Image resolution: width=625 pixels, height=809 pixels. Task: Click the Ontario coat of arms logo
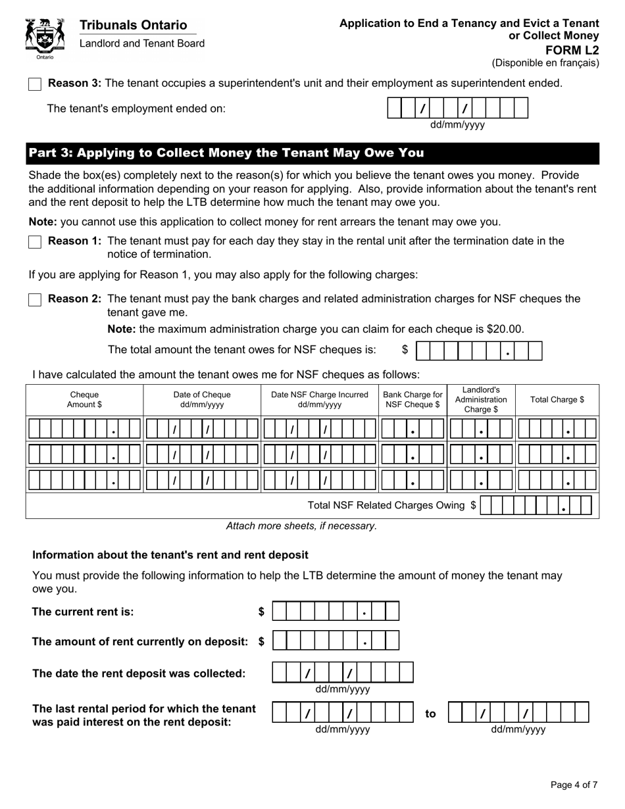click(45, 39)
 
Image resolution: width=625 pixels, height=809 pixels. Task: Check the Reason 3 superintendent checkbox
click(35, 84)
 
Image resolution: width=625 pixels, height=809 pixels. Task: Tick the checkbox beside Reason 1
click(35, 242)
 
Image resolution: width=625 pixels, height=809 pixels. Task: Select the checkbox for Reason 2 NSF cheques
click(35, 300)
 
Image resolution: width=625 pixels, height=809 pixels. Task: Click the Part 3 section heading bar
click(312, 153)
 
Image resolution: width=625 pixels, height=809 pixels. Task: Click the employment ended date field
click(458, 108)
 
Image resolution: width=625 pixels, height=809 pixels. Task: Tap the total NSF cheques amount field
click(479, 351)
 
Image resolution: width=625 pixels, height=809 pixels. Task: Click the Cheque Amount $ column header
click(84, 400)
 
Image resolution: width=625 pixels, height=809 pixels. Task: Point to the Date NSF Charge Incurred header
click(319, 400)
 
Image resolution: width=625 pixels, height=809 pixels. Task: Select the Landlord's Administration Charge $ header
click(481, 400)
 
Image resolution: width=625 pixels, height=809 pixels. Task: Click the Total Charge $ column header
click(557, 400)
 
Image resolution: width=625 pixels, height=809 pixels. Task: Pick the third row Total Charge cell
click(557, 480)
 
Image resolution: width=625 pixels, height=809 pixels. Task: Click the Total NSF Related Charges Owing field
click(536, 505)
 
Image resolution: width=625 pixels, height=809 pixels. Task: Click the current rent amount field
click(336, 612)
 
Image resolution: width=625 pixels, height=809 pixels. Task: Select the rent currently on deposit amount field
click(336, 641)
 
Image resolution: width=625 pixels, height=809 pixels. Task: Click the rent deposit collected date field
click(343, 672)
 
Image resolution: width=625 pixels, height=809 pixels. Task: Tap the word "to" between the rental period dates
click(430, 714)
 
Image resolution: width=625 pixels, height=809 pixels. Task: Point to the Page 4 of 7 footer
click(574, 785)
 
